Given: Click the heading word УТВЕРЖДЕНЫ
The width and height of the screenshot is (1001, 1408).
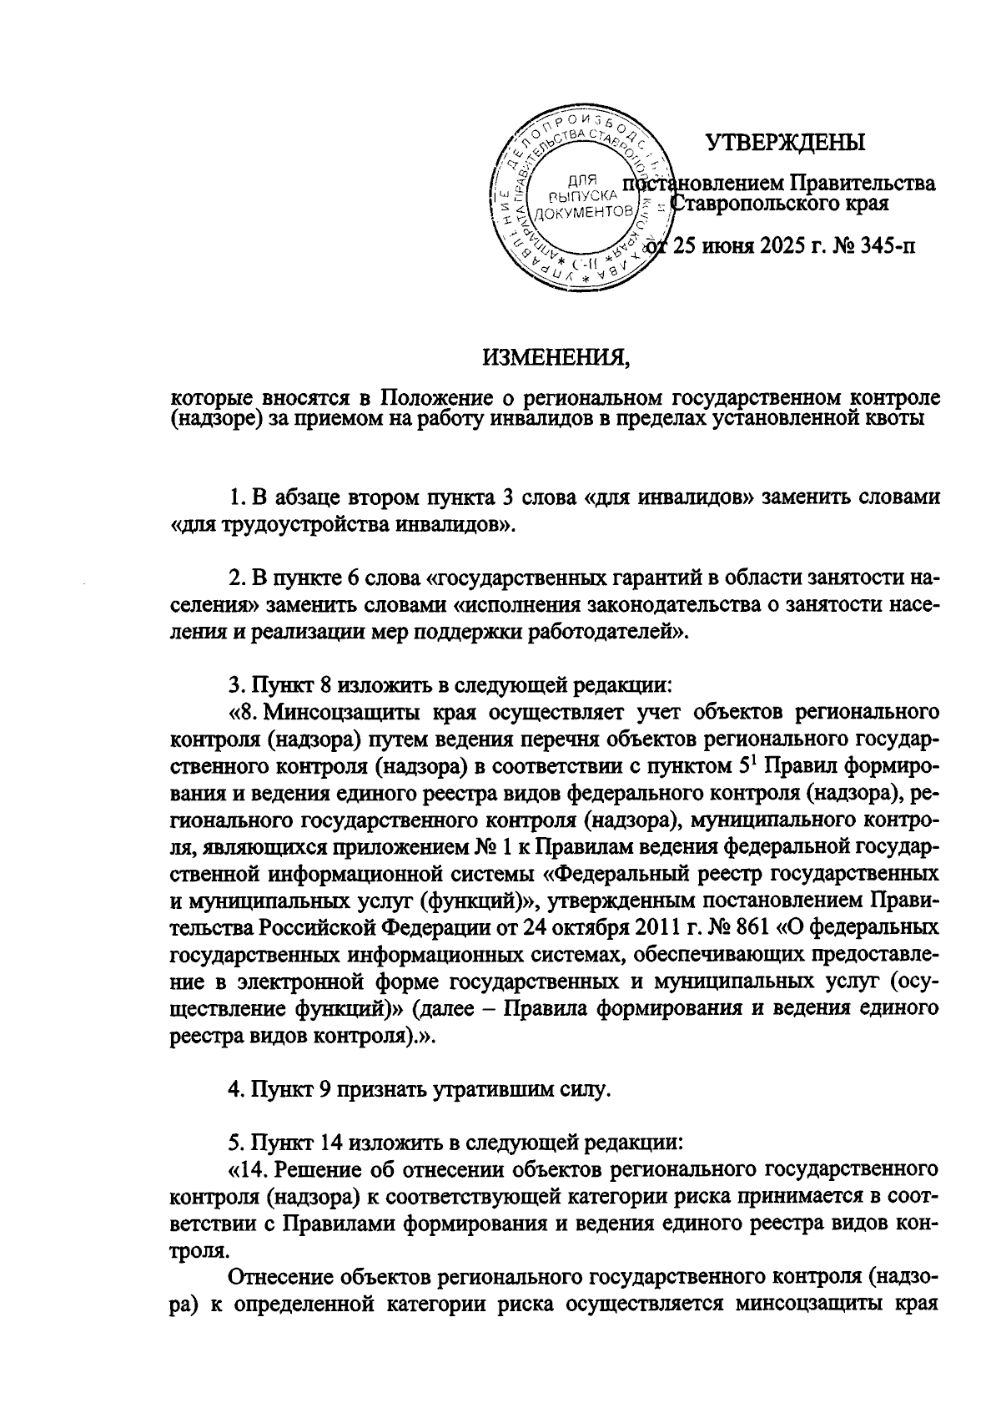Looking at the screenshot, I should tap(786, 143).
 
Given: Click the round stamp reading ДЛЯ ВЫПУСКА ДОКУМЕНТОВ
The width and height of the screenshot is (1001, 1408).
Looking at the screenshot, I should tap(581, 200).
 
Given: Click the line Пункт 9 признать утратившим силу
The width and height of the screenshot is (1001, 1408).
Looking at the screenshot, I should tap(420, 1088).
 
